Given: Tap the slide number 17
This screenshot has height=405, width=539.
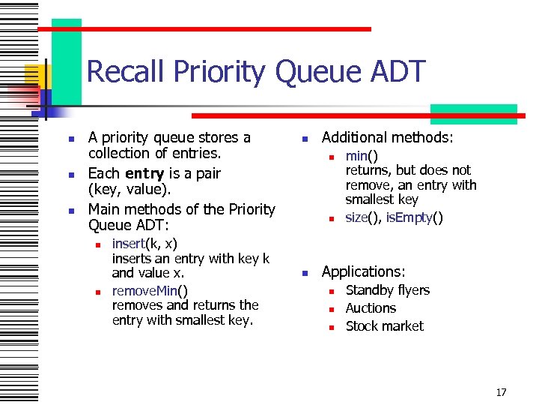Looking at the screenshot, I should click(x=501, y=391).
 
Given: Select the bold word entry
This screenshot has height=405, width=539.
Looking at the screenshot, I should click(x=144, y=173).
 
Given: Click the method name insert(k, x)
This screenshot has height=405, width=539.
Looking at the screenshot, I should click(x=144, y=244).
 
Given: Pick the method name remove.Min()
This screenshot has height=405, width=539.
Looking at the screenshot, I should click(x=150, y=290).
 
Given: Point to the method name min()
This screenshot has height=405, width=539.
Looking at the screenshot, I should click(x=362, y=156).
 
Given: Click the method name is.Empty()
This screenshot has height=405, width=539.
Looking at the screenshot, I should click(x=415, y=217).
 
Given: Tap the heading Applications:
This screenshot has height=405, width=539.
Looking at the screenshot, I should click(x=363, y=271).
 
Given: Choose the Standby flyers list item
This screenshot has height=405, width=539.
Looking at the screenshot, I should click(x=387, y=290).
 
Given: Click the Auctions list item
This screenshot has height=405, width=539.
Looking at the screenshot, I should click(x=371, y=308).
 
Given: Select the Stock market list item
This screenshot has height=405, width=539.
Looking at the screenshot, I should click(x=384, y=326).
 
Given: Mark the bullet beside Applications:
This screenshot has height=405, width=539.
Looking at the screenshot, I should click(x=305, y=273).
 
